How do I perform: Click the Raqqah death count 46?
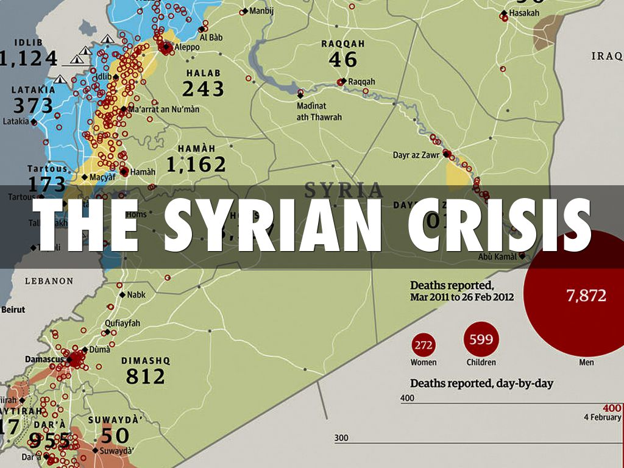coord(342,59)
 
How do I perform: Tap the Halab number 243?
coord(203,89)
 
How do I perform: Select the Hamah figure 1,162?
coord(196,164)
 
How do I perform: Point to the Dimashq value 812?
coord(146,376)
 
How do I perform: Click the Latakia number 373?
coord(33,105)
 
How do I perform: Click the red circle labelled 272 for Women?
coord(424,346)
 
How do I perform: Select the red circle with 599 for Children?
coord(481,339)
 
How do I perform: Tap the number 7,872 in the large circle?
coord(586,296)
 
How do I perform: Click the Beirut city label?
coord(13,310)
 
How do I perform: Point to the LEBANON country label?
coord(49,282)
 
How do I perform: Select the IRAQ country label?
coord(606,57)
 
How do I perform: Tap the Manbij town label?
coord(261,11)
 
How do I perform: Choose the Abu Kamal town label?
coord(497,257)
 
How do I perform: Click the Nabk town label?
coord(136,294)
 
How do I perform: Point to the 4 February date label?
coord(601,417)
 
